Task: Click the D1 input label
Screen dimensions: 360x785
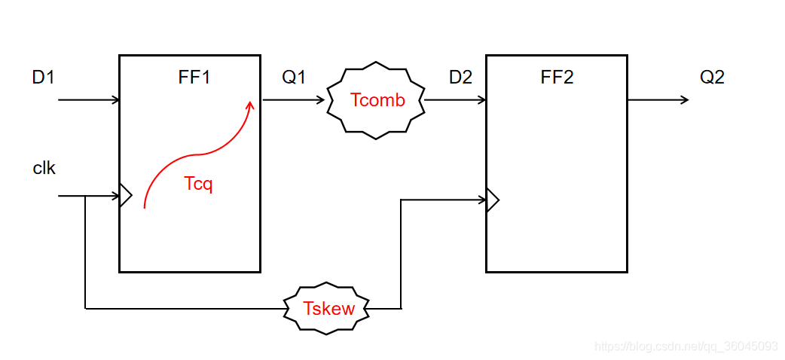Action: point(43,77)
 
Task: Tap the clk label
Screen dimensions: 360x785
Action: point(44,168)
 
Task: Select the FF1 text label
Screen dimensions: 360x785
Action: point(194,77)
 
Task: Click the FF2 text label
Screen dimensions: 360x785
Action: point(557,77)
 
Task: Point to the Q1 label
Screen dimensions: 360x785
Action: point(294,77)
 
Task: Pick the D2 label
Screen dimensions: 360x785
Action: point(460,77)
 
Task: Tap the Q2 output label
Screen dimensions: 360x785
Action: point(712,77)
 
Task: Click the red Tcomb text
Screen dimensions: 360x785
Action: point(377,101)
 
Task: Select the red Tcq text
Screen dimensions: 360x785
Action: point(198,184)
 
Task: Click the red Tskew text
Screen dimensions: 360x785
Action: point(328,308)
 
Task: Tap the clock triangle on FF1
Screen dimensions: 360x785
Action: point(126,197)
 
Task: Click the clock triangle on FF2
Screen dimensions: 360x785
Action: point(493,200)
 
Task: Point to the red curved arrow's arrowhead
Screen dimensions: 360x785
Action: point(250,105)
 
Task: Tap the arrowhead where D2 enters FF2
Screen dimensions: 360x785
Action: point(481,100)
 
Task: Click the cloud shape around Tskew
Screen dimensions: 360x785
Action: point(289,308)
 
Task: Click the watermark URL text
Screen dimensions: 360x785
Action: point(686,346)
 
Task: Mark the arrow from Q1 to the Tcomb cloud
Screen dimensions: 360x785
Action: point(294,100)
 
